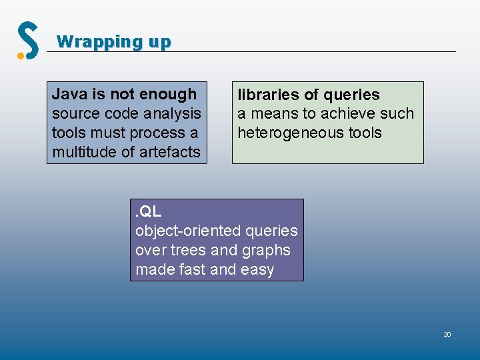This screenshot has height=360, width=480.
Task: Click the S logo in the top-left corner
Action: coord(29,39)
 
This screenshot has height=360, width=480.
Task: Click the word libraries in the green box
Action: coord(267,95)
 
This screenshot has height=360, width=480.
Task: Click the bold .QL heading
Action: coord(148,211)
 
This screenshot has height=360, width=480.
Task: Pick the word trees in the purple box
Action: coord(190,250)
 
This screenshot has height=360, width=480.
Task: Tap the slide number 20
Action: coord(447,334)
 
